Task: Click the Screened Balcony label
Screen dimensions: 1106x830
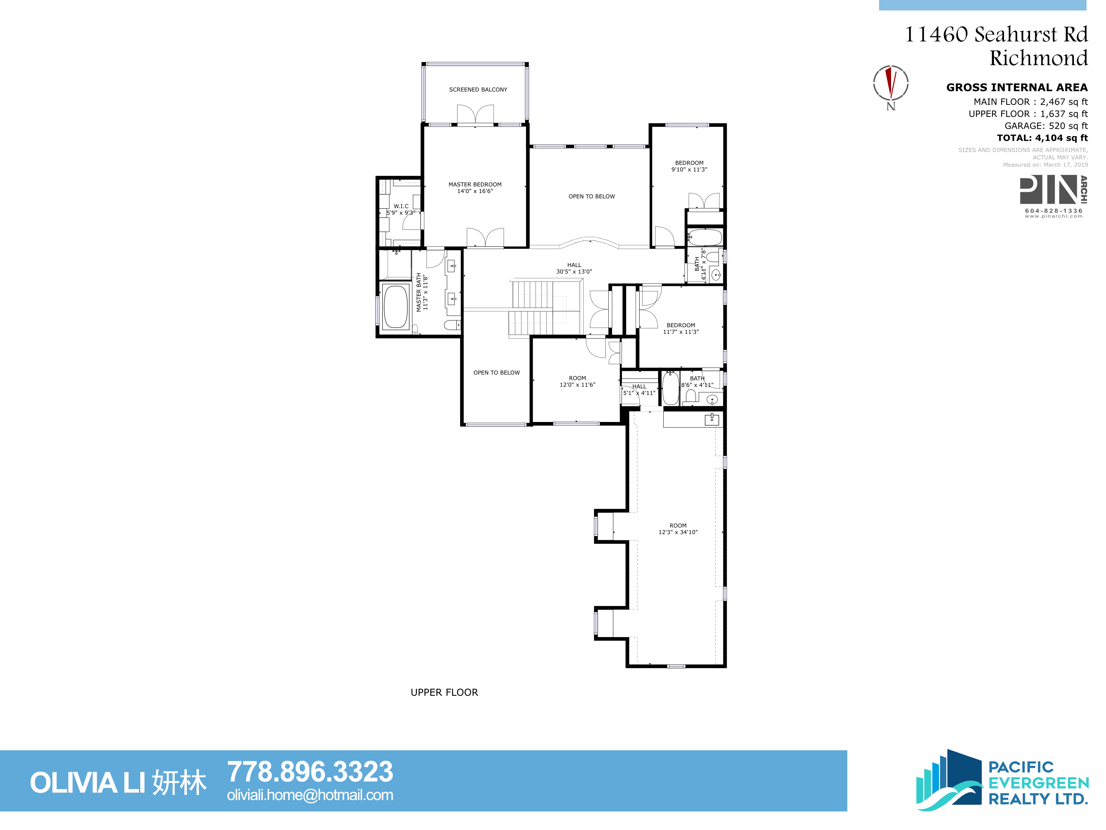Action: tap(478, 90)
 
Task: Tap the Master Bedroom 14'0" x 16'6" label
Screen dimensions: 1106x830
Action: tap(475, 188)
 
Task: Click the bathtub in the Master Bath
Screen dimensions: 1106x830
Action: tap(396, 307)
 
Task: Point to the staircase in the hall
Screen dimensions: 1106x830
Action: tap(532, 308)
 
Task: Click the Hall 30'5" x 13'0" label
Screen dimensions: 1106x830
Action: tap(574, 268)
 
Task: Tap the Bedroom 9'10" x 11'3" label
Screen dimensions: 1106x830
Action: tap(689, 166)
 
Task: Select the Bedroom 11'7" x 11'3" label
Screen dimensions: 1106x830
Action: tap(681, 328)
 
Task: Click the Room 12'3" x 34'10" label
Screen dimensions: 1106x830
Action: tap(678, 529)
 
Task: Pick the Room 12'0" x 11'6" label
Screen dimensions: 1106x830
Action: tap(577, 381)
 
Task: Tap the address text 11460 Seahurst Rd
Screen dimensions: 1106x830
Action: tap(997, 34)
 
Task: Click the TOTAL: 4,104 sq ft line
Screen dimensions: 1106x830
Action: tap(1042, 138)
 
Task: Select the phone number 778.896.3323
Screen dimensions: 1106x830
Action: tap(310, 771)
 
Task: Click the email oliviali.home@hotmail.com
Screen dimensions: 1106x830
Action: tap(310, 795)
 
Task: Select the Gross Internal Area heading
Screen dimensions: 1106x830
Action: tap(1017, 87)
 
